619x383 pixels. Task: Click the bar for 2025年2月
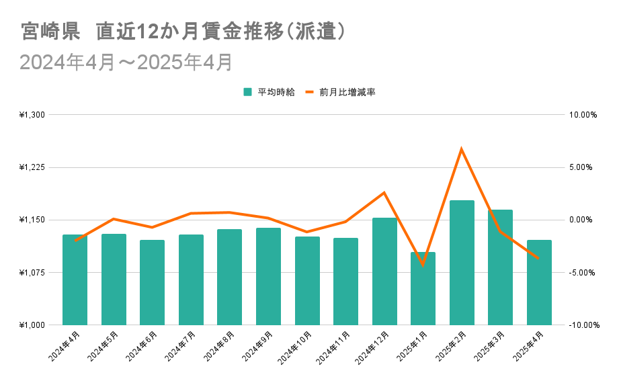tap(462, 263)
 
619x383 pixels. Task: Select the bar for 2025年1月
tap(423, 288)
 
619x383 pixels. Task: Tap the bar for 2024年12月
tap(384, 271)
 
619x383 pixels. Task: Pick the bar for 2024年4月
tap(75, 280)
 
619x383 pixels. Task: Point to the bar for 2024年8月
tap(229, 277)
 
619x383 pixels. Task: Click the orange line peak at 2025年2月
tap(462, 148)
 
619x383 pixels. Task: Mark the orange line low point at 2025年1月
tap(423, 265)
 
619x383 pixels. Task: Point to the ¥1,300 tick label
tap(32, 115)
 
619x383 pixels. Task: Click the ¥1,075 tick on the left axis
tap(32, 273)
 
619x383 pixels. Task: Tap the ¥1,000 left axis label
tap(32, 325)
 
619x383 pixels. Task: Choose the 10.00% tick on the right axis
tap(583, 115)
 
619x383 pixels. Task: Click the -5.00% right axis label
tap(583, 273)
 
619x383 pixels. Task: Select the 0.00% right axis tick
tap(583, 220)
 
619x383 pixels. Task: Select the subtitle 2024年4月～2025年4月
tap(126, 62)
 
